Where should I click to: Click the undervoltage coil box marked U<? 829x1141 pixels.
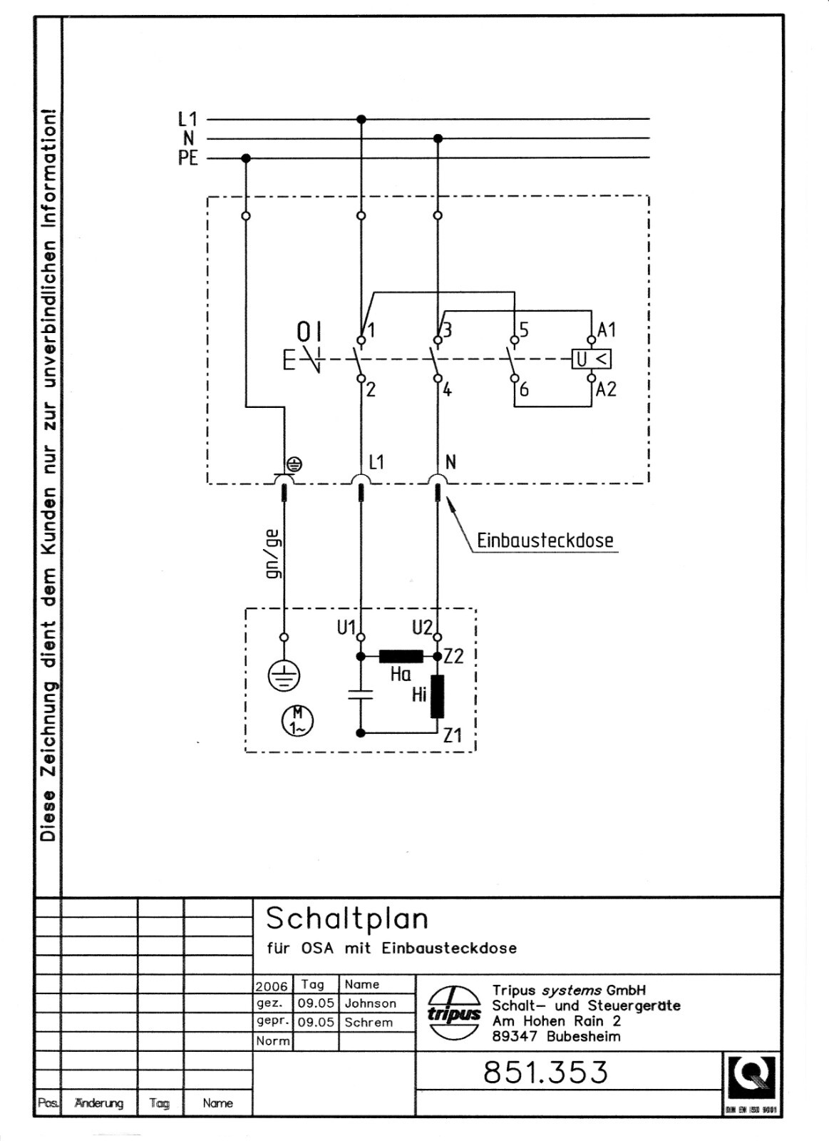click(592, 359)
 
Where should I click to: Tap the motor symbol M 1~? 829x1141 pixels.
click(297, 720)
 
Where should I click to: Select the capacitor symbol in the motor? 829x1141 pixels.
click(361, 695)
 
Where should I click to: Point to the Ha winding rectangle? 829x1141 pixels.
click(401, 656)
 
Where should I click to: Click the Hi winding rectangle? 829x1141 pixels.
click(437, 696)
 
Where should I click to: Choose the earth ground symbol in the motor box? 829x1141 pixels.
click(284, 675)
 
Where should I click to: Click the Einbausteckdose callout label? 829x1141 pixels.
click(545, 541)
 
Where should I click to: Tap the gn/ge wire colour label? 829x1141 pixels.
click(272, 554)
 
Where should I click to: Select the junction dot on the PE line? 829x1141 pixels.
click(246, 158)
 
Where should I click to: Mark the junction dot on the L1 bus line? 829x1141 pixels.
click(361, 119)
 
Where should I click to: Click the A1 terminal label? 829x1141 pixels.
click(607, 330)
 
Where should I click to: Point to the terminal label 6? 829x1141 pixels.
click(525, 389)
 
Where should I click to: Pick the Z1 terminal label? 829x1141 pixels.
click(453, 735)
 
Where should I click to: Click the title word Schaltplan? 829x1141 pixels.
click(347, 919)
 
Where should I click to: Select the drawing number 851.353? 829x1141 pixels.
click(545, 1072)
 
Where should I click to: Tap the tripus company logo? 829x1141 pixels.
click(454, 1013)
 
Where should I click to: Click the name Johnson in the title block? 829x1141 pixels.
click(370, 1003)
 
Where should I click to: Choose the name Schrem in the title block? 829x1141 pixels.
click(368, 1023)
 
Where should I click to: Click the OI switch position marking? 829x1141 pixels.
click(309, 332)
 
